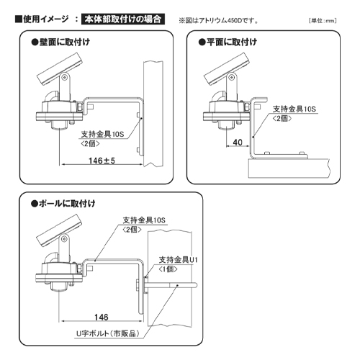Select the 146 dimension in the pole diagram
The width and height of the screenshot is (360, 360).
(99, 316)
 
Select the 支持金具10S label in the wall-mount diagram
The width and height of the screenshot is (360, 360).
(103, 135)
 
